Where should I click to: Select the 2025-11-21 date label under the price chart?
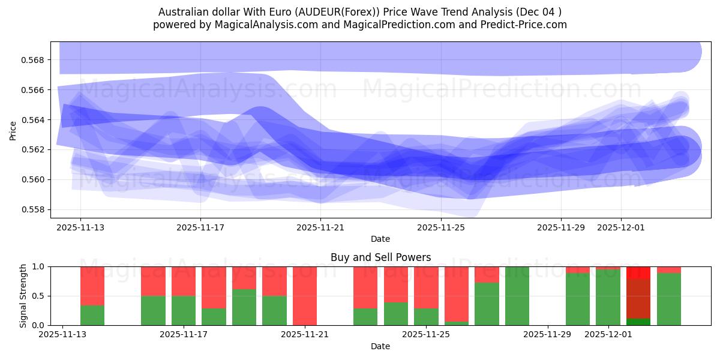320,227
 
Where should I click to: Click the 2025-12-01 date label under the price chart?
621,227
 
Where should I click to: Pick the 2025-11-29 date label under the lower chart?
548,335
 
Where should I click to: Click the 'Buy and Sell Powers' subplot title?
380,257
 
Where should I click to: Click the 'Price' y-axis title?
13,130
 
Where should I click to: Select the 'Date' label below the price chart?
380,239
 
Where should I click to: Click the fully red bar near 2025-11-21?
305,296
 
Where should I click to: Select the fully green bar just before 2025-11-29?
517,296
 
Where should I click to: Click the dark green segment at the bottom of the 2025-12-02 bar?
638,322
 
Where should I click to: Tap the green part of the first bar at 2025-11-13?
92,316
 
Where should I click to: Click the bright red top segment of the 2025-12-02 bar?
638,272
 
